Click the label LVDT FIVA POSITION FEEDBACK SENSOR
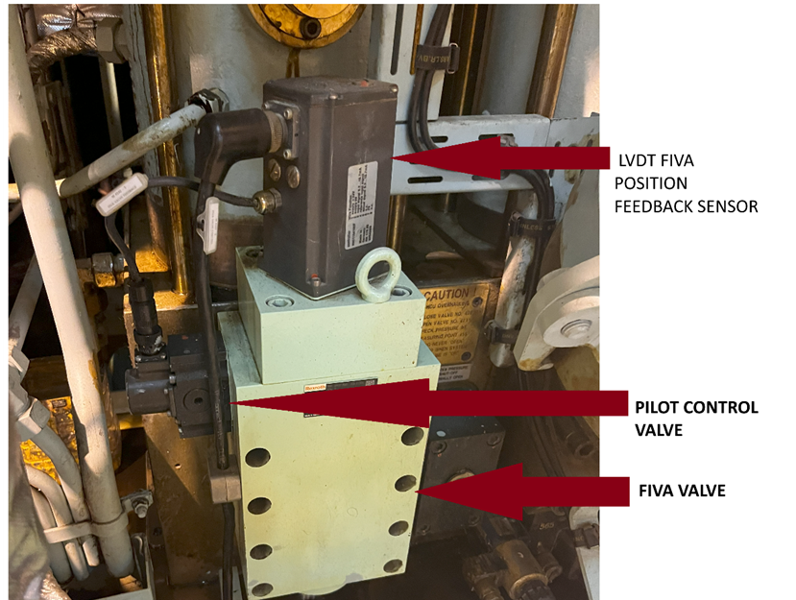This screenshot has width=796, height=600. coord(685,181)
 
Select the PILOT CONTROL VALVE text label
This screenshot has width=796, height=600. coord(696,419)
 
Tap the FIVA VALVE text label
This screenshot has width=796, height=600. coord(682,491)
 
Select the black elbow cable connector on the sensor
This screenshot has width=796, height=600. coord(230,135)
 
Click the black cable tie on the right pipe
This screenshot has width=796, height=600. coord(523,228)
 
